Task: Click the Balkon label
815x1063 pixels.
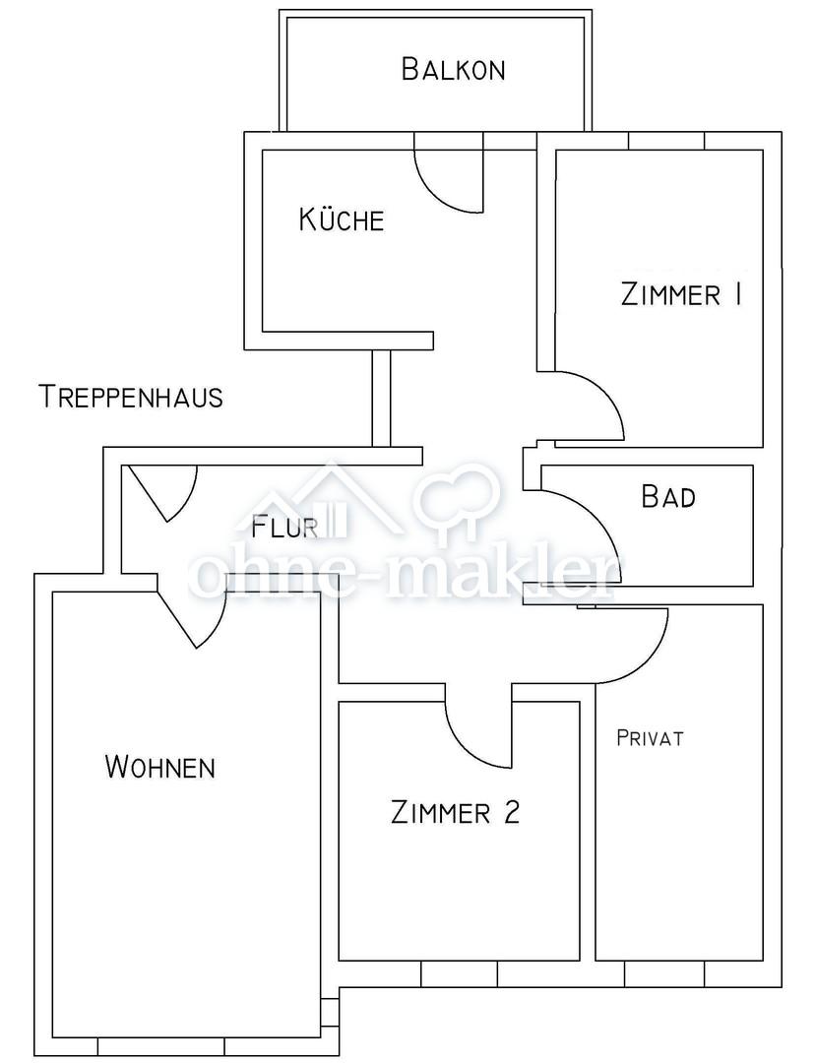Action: click(x=453, y=69)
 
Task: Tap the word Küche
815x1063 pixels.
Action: click(x=342, y=219)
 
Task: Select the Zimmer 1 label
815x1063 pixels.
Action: click(x=681, y=295)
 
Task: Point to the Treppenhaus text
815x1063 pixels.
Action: click(x=132, y=397)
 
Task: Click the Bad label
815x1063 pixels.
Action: click(x=668, y=496)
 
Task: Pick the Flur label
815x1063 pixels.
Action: click(x=284, y=527)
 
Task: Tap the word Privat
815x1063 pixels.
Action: click(x=650, y=737)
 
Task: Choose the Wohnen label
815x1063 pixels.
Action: click(x=160, y=767)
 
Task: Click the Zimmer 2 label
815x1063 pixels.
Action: click(x=455, y=811)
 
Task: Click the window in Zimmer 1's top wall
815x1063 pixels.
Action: click(x=667, y=141)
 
